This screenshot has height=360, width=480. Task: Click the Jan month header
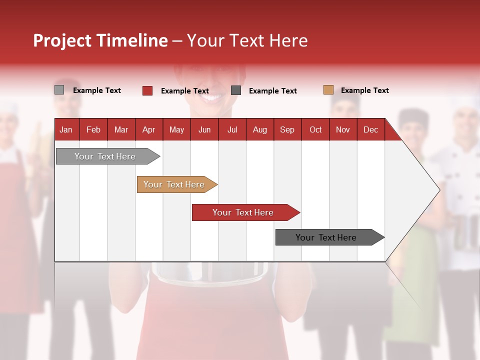click(x=66, y=129)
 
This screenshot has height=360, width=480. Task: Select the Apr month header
click(x=148, y=129)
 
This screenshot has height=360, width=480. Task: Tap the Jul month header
click(x=232, y=129)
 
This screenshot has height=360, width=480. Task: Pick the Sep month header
click(x=287, y=129)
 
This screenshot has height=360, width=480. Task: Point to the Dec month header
click(x=370, y=129)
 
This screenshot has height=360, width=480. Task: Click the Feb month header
click(x=93, y=129)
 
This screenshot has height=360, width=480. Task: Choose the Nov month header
click(x=342, y=129)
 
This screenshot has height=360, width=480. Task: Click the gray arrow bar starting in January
click(x=105, y=156)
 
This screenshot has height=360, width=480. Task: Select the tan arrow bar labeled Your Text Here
click(x=174, y=184)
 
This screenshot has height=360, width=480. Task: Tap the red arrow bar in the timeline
click(x=243, y=212)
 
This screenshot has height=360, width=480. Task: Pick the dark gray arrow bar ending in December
click(x=326, y=237)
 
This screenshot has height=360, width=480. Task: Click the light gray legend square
click(x=59, y=90)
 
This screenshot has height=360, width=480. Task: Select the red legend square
click(x=147, y=90)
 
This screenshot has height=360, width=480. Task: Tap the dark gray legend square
click(x=236, y=90)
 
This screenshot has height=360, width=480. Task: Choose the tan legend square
click(x=328, y=90)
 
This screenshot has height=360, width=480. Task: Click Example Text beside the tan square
click(x=364, y=90)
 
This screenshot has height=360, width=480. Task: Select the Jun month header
click(x=204, y=129)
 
